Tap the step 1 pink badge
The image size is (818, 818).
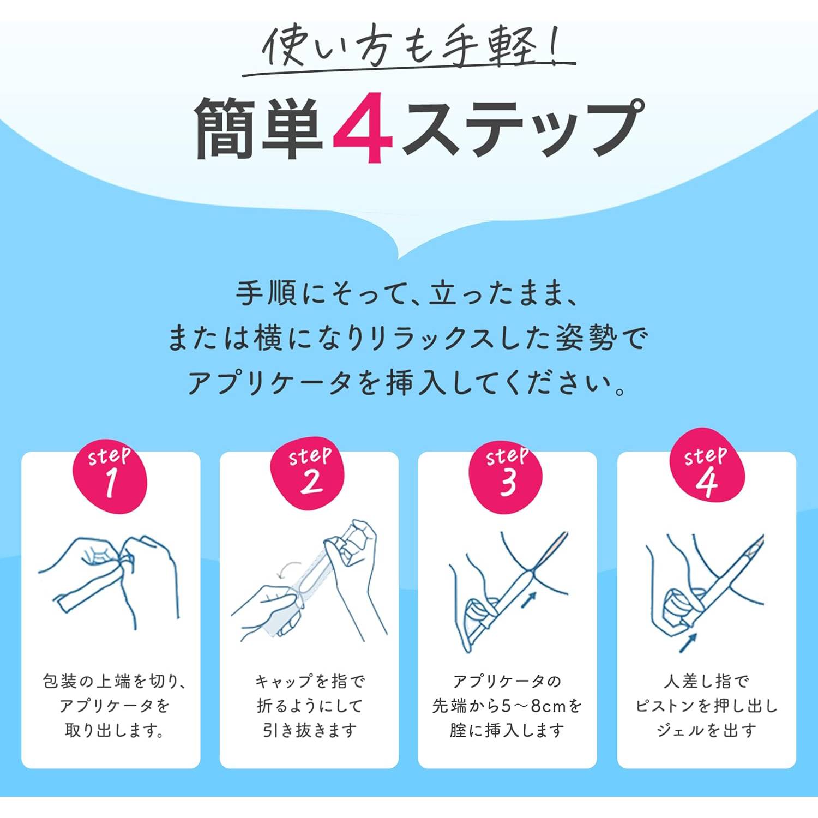pos(111,475)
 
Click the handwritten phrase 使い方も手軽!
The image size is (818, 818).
pos(409,47)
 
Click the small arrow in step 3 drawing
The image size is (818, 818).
pos(528,600)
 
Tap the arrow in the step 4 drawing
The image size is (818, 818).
pos(688,642)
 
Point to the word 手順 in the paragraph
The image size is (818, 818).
pos(266,294)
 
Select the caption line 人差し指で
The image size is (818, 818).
pos(706,681)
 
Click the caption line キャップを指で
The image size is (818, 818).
pos(309,681)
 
